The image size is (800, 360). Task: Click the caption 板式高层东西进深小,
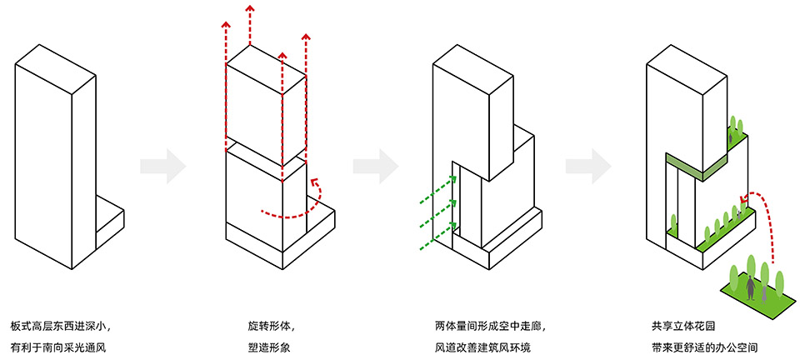(60, 325)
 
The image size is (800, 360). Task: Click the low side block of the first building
(109, 218)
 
